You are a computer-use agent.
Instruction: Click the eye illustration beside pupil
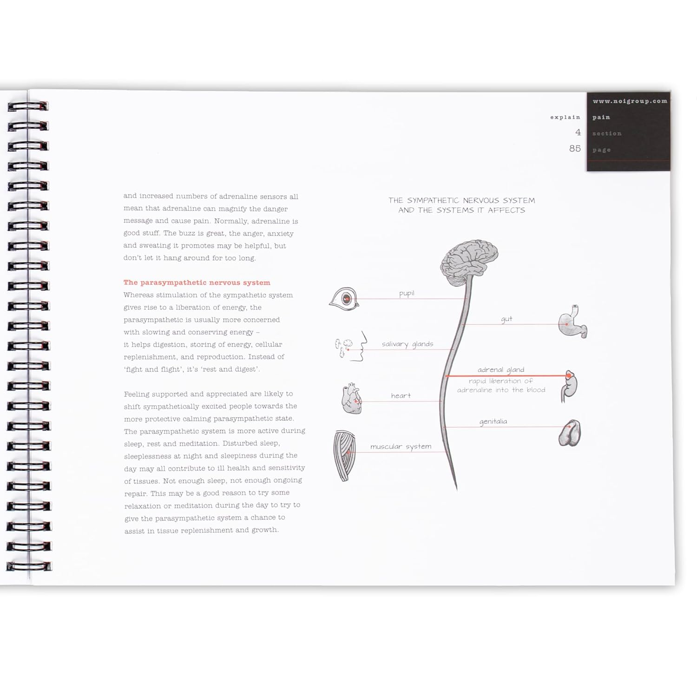click(344, 299)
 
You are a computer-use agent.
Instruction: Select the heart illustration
click(352, 398)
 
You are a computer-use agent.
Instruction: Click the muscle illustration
click(345, 456)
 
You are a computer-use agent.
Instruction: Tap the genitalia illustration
click(570, 433)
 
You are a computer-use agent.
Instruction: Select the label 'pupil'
click(407, 294)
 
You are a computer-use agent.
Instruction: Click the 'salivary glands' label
click(408, 344)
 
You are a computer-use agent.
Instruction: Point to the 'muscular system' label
click(401, 447)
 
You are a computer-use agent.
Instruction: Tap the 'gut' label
click(506, 319)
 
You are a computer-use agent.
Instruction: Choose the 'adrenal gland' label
click(501, 370)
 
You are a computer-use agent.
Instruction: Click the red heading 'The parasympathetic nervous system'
click(197, 283)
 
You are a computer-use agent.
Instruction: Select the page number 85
click(575, 148)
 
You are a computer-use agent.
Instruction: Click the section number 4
click(578, 132)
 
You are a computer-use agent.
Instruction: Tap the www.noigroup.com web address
click(630, 101)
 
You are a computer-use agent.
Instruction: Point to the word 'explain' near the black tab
click(565, 118)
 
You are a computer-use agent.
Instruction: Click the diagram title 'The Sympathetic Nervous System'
click(461, 200)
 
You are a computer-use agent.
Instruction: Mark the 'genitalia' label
click(493, 422)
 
